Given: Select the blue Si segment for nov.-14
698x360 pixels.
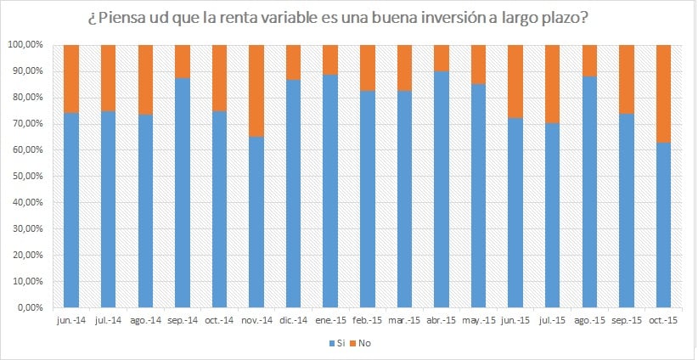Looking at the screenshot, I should coord(256,222).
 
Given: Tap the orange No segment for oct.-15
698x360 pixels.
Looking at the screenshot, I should coord(664,93).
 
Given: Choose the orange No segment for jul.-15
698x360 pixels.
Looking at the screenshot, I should coord(553,84).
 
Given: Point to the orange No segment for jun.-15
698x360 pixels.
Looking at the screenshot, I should coord(515,82).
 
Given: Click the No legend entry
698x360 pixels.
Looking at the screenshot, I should coord(363,343).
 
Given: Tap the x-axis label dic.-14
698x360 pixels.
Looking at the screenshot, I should coord(293,321).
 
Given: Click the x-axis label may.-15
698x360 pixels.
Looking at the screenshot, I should coord(479,321).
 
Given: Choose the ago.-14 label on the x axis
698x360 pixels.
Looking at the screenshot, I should coord(145,321).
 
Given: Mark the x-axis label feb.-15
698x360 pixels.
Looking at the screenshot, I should coord(368,321).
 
